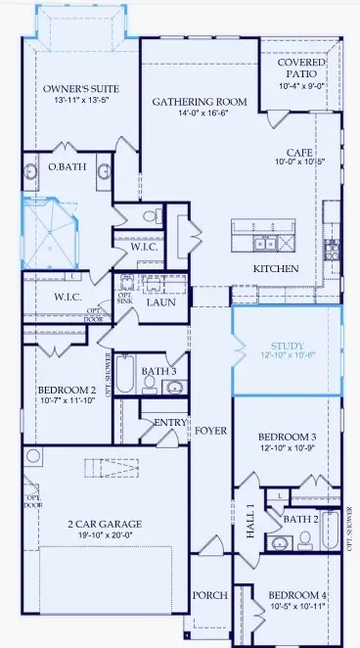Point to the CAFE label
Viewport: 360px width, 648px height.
pyautogui.click(x=299, y=153)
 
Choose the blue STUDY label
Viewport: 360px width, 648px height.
pyautogui.click(x=288, y=346)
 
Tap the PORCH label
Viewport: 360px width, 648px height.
pyautogui.click(x=210, y=595)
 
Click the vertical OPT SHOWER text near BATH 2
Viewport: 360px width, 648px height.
pyautogui.click(x=350, y=529)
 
